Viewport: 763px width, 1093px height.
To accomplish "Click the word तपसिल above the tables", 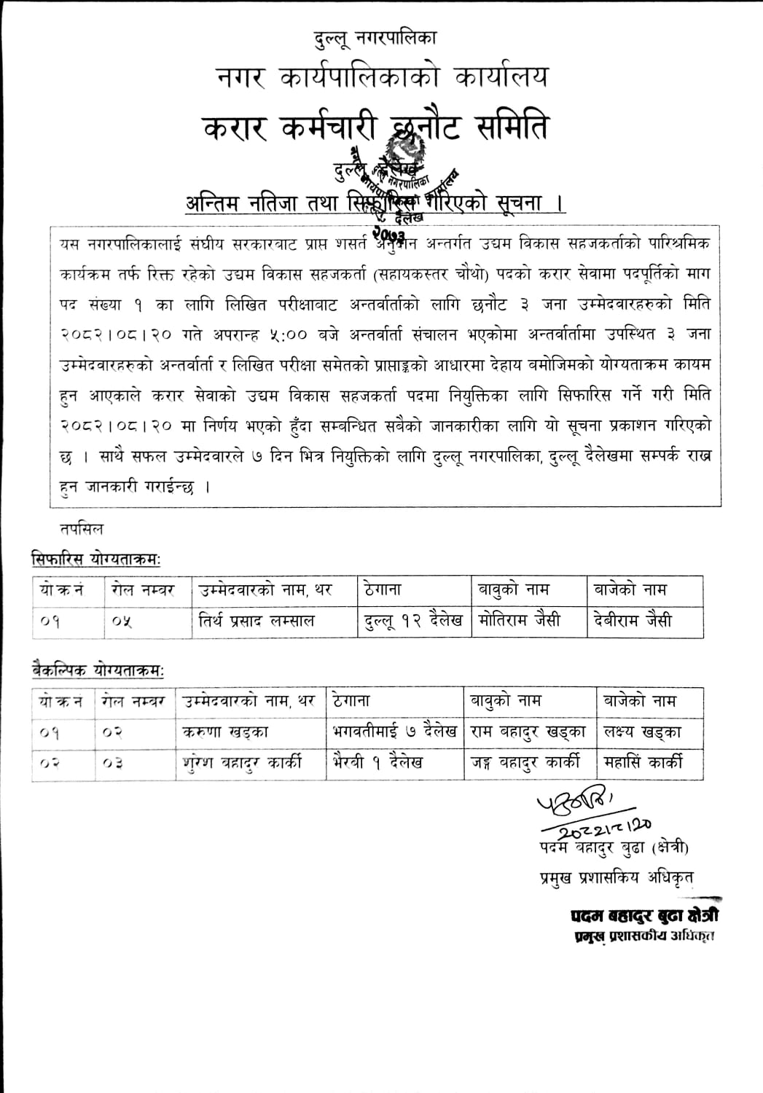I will (82, 528).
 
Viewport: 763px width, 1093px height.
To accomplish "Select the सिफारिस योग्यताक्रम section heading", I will (96, 559).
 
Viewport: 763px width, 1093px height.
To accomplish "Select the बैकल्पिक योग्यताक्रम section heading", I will (98, 669).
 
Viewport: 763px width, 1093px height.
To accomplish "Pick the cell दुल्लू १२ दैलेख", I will (412, 622).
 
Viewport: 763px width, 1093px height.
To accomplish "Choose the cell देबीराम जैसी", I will (632, 622).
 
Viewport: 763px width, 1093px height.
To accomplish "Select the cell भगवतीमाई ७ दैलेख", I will (394, 732).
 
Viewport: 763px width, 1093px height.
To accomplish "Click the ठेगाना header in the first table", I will (383, 589).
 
